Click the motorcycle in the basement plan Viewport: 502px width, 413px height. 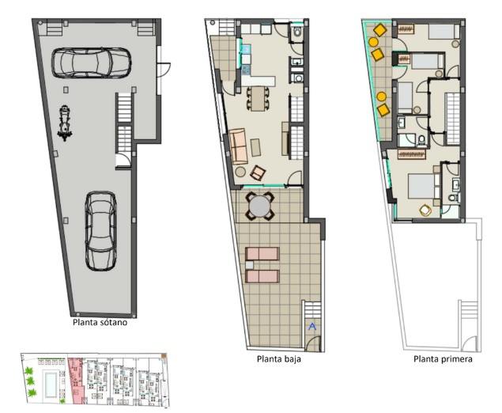(65, 123)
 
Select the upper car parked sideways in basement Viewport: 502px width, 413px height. (91, 63)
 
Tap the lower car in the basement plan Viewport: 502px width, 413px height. (101, 231)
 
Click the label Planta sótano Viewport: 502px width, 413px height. (100, 322)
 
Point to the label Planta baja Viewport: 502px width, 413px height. (279, 358)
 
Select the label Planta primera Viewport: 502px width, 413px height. (443, 358)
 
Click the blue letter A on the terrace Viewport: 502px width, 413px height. (312, 327)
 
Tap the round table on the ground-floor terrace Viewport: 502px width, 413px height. (259, 206)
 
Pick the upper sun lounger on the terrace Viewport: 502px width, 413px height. (262, 254)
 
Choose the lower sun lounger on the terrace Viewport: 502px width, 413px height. (262, 276)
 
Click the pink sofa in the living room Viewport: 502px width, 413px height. (239, 146)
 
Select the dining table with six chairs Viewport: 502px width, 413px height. (258, 99)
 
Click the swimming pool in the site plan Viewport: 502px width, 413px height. (51, 385)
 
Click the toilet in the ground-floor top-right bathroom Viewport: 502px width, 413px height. (297, 32)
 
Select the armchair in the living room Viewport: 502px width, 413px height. (258, 173)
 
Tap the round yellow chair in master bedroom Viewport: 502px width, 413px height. (425, 210)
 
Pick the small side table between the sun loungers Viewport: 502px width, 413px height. (249, 265)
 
